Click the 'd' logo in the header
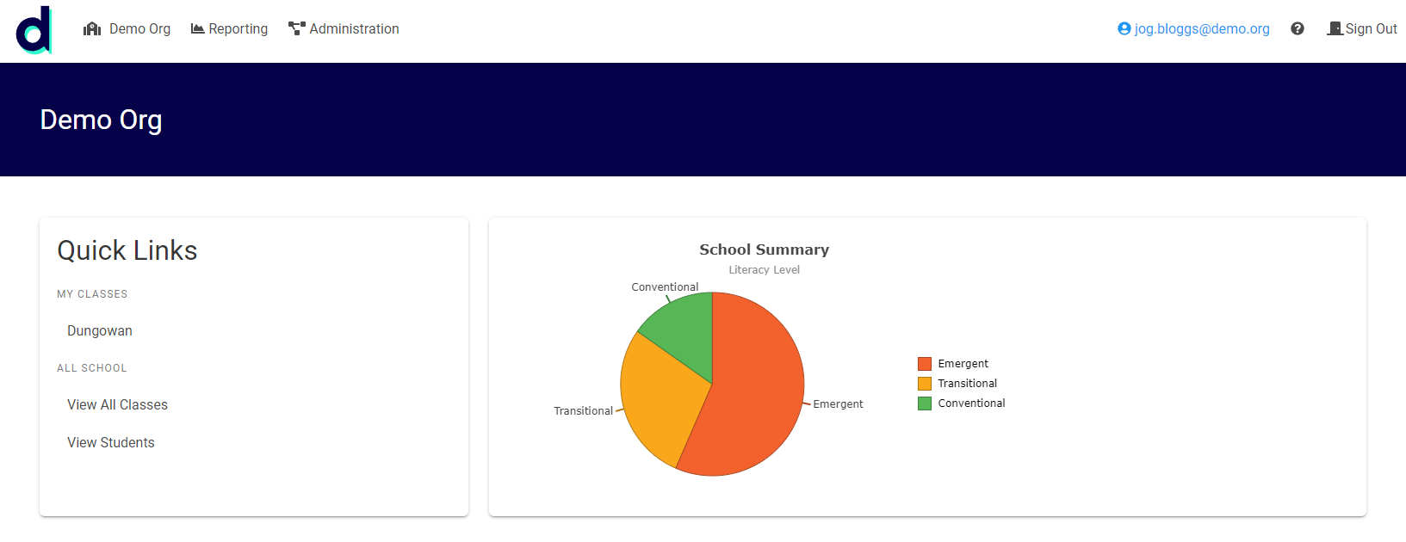point(34,30)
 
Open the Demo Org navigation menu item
point(127,29)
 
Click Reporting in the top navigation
point(229,29)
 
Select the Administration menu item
point(344,29)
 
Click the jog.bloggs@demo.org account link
point(1193,29)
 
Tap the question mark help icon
point(1298,29)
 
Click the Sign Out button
point(1361,29)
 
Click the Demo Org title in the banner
point(101,120)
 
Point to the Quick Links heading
point(127,250)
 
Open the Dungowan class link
point(100,330)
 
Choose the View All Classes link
point(117,404)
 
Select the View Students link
point(111,442)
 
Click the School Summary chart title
point(764,249)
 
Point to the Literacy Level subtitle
point(764,270)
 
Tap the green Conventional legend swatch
point(925,403)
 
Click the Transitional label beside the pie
point(583,411)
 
